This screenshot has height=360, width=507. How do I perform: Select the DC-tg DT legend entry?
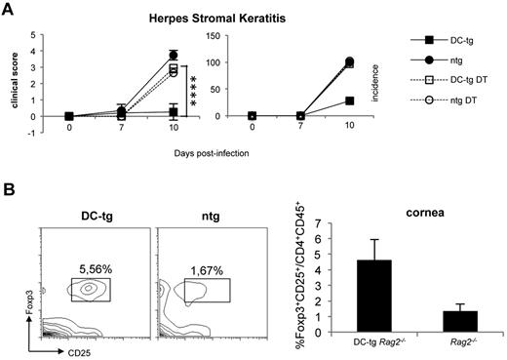pos(448,81)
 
